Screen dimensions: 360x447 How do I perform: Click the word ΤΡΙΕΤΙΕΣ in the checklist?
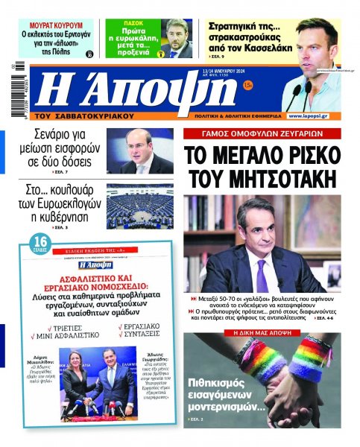(76, 325)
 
